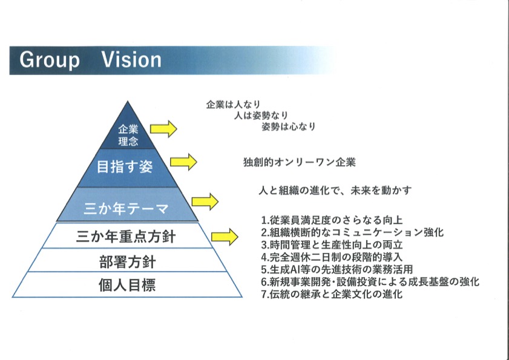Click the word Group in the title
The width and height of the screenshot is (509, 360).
tap(50, 61)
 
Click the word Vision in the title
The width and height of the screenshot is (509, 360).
tap(131, 60)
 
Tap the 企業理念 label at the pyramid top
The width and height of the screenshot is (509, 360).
tap(128, 136)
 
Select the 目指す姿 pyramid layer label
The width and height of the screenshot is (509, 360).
tap(125, 167)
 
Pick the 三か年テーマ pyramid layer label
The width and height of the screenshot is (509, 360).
tap(126, 209)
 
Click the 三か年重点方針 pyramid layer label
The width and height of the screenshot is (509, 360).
tap(126, 237)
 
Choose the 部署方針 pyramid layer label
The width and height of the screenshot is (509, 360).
tap(128, 261)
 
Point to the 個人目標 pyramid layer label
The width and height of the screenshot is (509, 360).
tap(127, 285)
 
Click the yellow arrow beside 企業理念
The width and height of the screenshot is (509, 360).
tap(163, 129)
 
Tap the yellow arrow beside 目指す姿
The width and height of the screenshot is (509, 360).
tap(183, 162)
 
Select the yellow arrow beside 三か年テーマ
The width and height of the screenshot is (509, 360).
tap(205, 201)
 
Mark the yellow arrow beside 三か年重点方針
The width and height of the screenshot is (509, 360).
tap(225, 237)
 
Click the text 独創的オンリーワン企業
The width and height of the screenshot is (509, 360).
tap(300, 162)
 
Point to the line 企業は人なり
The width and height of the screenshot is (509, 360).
tap(234, 105)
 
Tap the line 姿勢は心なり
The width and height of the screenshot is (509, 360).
tap(289, 126)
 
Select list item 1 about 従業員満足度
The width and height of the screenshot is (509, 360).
tap(332, 220)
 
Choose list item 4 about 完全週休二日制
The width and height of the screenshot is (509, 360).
tap(332, 257)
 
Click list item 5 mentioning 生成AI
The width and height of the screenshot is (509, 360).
tap(337, 269)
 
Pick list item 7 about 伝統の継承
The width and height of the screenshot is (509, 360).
tap(332, 294)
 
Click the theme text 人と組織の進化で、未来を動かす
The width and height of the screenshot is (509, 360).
tap(335, 190)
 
